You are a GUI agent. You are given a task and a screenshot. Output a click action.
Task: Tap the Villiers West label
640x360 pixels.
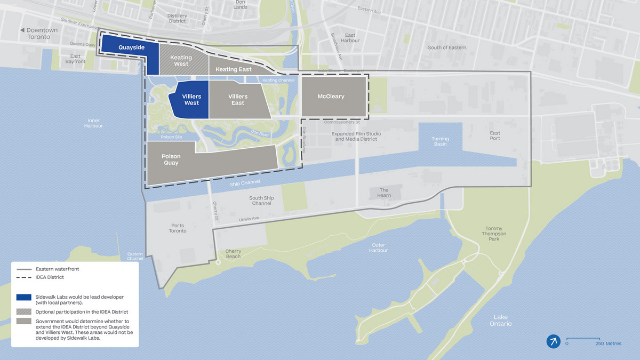tap(191, 100)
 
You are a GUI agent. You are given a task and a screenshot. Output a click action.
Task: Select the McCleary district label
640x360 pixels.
tap(331, 97)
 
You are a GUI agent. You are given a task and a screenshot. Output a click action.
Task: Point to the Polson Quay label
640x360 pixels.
tap(171, 159)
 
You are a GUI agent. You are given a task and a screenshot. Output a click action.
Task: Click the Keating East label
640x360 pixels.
tap(234, 69)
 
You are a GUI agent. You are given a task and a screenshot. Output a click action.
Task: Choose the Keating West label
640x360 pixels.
tap(181, 61)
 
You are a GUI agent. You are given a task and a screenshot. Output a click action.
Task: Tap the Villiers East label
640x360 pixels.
tap(238, 100)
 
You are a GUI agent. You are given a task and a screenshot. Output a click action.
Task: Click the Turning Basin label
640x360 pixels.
tap(440, 141)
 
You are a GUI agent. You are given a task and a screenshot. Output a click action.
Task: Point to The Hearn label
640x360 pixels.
tap(384, 193)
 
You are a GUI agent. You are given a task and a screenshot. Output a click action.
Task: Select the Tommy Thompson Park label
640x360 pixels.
tap(494, 234)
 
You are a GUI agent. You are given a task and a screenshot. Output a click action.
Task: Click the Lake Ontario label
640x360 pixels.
tap(502, 320)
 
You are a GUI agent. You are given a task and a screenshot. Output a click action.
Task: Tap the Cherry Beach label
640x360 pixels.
tap(233, 253)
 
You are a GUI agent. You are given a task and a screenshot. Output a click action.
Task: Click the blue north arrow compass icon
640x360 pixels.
tap(553, 341)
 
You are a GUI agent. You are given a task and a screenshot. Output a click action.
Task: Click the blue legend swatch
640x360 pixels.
tap(23, 297)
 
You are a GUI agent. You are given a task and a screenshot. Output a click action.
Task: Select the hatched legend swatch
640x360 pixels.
tap(23, 311)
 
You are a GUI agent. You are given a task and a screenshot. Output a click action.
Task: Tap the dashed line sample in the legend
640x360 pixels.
tap(23, 277)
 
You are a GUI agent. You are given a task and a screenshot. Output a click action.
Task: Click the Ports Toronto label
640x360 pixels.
tap(178, 228)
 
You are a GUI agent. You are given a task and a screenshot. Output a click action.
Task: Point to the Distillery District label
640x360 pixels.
tap(177, 19)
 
